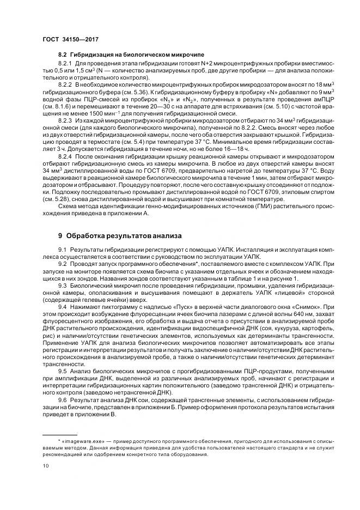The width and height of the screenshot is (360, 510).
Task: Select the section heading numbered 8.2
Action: click(62, 56)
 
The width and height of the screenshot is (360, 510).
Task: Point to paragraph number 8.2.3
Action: click(65, 119)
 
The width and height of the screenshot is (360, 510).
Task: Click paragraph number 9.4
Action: click(62, 307)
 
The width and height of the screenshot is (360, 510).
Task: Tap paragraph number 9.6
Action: click(62, 400)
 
